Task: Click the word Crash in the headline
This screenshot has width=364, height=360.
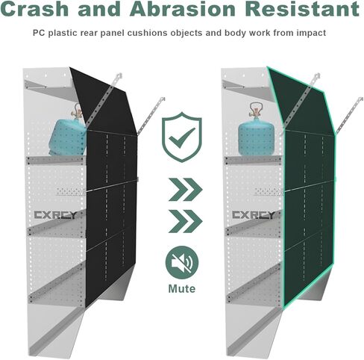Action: point(34,8)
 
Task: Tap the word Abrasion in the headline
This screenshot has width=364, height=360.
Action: point(183,8)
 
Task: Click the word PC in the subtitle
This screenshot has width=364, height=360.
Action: point(39,33)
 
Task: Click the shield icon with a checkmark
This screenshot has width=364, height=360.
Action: point(182,137)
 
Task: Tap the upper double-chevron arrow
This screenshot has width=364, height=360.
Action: point(186,190)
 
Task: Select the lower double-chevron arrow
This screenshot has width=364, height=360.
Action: point(186,221)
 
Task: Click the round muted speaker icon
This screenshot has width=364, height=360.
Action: point(182,262)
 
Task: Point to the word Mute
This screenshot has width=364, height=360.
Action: point(182,289)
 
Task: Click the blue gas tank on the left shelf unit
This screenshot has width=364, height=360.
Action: point(67,137)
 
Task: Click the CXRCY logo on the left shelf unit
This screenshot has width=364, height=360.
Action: point(55,215)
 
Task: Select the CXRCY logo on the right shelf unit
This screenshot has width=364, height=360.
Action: point(254,215)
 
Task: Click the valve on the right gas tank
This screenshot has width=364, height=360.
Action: point(256,110)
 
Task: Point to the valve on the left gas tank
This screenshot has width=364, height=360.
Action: point(76,111)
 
